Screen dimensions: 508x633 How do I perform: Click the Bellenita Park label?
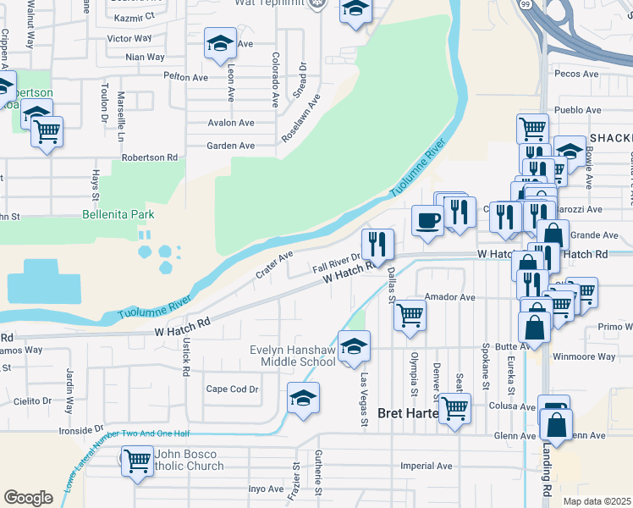118,215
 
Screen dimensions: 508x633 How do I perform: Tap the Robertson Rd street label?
150,157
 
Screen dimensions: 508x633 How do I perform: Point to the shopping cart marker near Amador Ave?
410,314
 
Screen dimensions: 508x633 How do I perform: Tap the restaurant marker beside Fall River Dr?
377,244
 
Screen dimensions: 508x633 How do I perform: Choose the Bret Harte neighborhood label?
408,413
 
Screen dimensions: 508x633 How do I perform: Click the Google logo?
28,498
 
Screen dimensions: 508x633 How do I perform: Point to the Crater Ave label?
274,264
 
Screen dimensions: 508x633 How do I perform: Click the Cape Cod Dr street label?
232,389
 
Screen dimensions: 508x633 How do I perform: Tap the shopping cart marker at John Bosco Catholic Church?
136,462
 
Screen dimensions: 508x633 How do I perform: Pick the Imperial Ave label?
427,466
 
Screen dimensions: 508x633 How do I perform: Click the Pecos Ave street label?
575,75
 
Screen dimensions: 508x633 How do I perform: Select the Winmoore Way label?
584,356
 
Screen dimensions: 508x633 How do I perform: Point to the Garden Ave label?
231,146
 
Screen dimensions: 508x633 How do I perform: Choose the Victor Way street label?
129,39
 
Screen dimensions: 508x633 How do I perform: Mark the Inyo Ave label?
265,489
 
